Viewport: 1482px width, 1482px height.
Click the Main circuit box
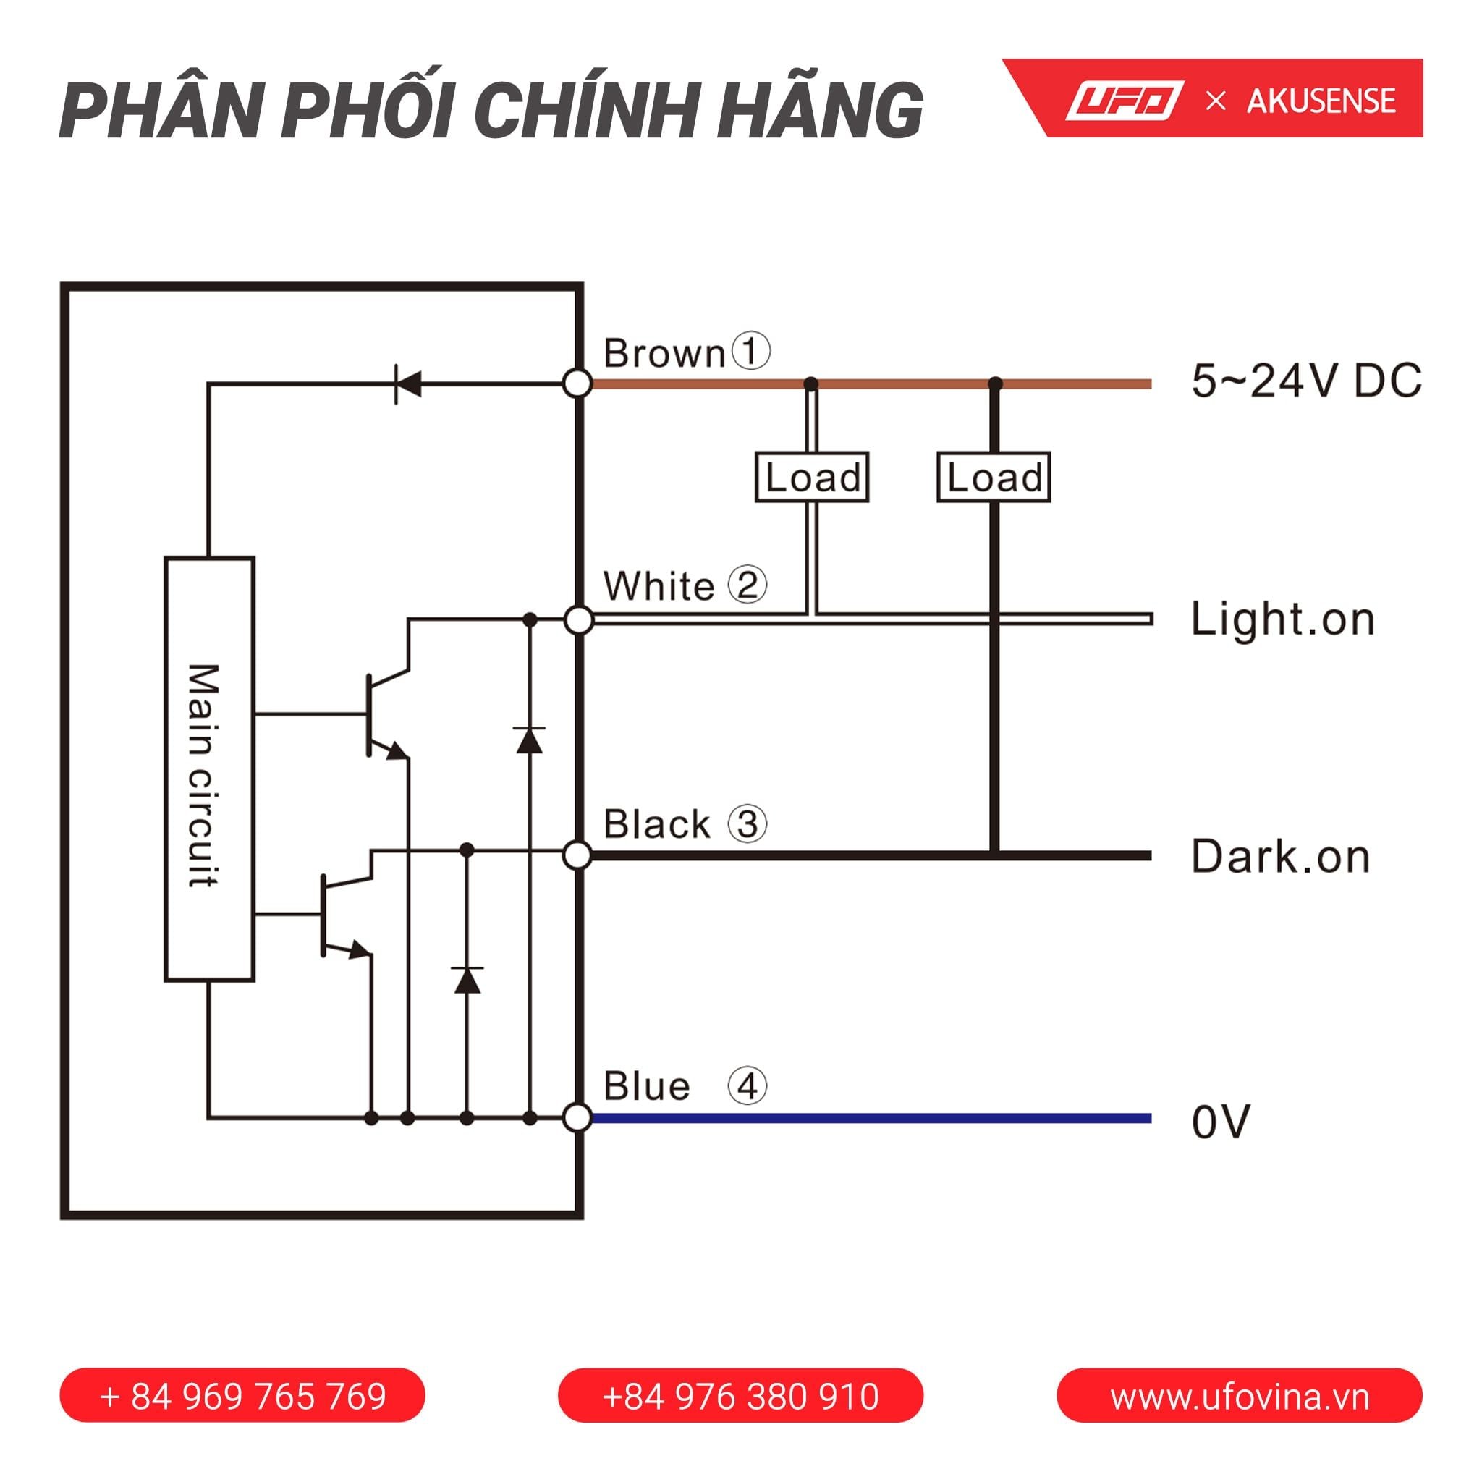click(209, 768)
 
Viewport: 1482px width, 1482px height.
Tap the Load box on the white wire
click(812, 477)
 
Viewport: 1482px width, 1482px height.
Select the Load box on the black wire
click(994, 477)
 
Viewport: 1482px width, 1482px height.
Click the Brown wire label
click(664, 354)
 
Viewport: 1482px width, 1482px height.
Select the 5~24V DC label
click(1306, 381)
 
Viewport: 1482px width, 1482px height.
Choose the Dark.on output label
click(1280, 857)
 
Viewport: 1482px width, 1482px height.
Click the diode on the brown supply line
click(407, 383)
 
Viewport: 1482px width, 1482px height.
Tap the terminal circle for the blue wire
click(577, 1117)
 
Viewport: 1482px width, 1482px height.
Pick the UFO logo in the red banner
click(1125, 101)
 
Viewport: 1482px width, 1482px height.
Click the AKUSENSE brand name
click(1321, 101)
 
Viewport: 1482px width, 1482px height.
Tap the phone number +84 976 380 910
click(740, 1396)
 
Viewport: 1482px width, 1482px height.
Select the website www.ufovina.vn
click(1240, 1396)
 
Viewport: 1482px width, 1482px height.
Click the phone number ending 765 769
click(242, 1396)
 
